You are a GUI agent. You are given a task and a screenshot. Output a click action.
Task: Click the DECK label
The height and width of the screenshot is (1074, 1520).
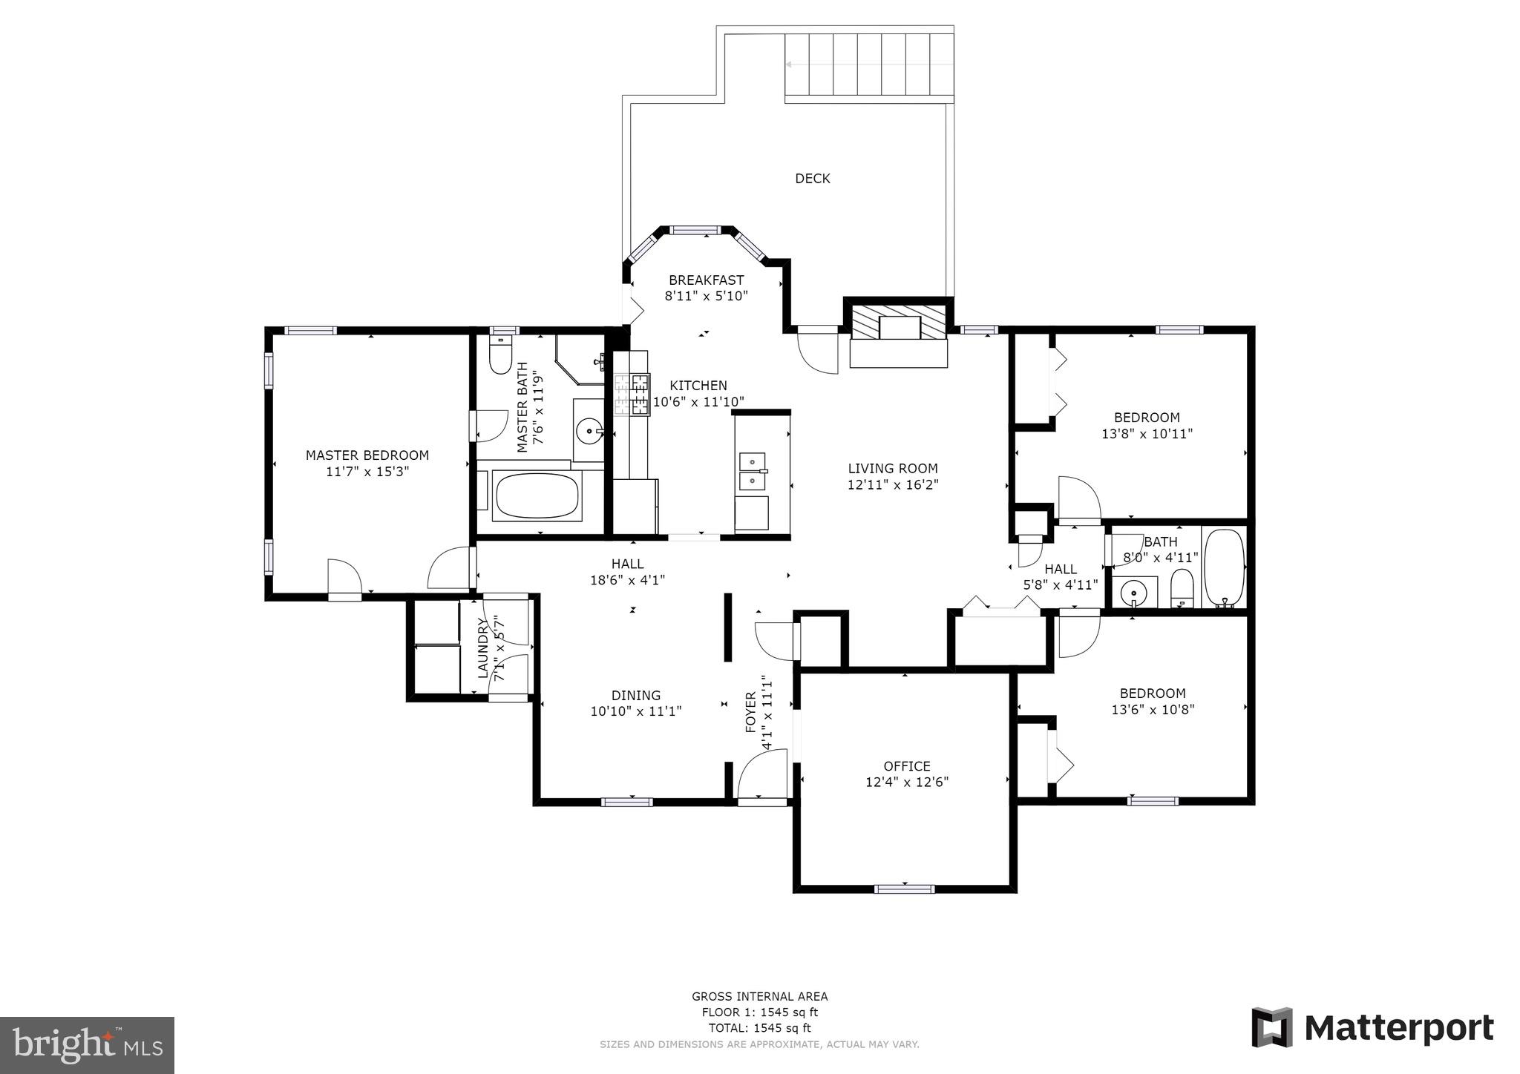click(x=812, y=178)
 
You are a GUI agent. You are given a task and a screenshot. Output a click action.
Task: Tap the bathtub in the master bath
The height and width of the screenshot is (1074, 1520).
click(x=538, y=495)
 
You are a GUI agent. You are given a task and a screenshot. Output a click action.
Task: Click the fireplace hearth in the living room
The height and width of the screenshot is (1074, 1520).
click(x=898, y=353)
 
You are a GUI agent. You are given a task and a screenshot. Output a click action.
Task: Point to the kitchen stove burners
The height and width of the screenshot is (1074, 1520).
click(x=632, y=395)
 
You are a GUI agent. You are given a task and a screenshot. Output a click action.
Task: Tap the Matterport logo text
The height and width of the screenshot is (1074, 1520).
click(x=1398, y=1028)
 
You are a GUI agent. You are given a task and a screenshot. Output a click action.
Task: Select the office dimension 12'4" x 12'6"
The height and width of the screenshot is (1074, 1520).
click(x=907, y=782)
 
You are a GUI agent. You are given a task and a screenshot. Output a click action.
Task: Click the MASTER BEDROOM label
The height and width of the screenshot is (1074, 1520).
click(x=367, y=455)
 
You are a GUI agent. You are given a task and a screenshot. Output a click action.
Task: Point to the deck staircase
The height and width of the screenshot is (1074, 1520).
click(x=869, y=65)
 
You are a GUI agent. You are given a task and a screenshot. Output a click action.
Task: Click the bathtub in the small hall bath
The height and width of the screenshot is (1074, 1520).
click(x=1224, y=567)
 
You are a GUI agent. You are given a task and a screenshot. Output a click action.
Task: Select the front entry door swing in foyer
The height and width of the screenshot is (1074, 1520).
click(x=763, y=775)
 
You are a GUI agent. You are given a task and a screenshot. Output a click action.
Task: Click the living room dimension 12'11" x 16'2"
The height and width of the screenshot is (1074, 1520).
click(x=893, y=484)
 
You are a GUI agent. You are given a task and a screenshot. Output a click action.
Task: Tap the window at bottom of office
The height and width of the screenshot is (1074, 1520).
click(x=904, y=889)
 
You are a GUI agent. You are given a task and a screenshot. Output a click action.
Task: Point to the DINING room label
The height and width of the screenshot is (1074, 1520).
click(x=636, y=695)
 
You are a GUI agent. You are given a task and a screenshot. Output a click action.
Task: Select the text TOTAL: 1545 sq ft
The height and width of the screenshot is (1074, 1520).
click(x=760, y=1028)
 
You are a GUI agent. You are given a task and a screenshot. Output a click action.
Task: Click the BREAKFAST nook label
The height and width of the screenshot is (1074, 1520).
click(x=706, y=280)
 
